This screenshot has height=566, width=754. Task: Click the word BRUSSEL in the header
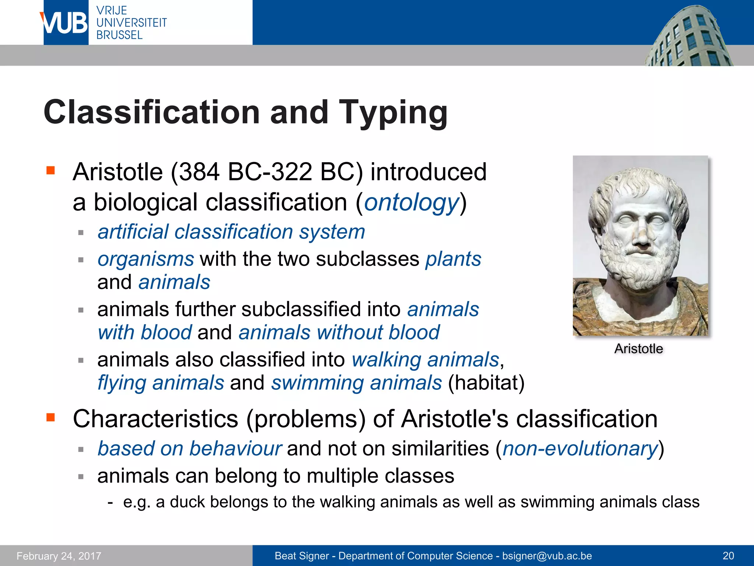click(119, 35)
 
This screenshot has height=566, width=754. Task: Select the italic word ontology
click(411, 203)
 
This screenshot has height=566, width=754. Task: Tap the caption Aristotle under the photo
click(638, 349)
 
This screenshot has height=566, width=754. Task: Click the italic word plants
click(453, 259)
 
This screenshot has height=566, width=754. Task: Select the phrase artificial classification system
click(231, 232)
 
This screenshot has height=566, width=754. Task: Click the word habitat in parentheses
click(486, 383)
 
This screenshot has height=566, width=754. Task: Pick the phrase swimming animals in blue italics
click(356, 383)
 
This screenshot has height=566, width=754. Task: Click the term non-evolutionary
click(580, 449)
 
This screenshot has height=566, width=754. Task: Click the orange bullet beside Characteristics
click(51, 417)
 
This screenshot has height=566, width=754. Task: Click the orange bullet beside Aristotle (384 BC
click(51, 170)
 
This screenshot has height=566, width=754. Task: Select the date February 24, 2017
click(59, 556)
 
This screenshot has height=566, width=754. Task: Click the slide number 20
click(728, 556)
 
